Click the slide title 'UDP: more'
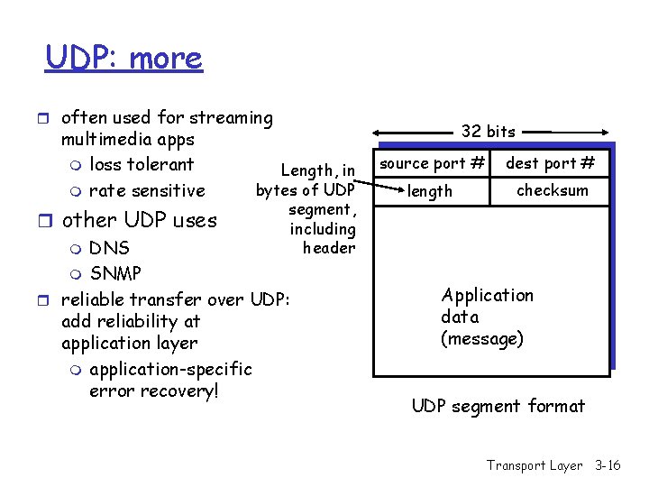point(124,58)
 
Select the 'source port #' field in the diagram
point(432,163)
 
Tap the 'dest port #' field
point(550,163)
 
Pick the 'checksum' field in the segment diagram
point(552,190)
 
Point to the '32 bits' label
point(488,132)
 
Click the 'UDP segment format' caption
point(498,406)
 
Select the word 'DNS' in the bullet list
point(109,248)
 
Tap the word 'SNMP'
point(115,272)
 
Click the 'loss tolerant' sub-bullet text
point(142,164)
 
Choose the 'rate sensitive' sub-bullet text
point(147,190)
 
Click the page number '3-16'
point(608,465)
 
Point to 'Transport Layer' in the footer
point(535,465)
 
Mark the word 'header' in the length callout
point(329,248)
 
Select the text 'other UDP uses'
point(139,220)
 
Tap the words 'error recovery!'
point(154,391)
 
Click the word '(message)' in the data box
point(481,339)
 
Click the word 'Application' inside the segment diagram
point(487,296)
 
